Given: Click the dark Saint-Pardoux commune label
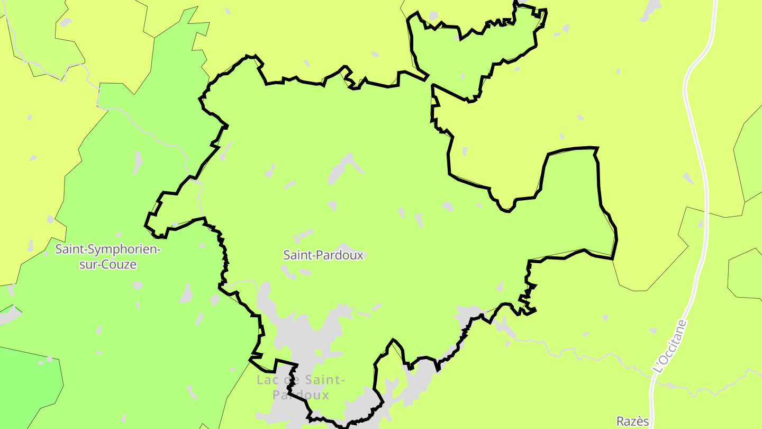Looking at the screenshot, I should pos(323,255).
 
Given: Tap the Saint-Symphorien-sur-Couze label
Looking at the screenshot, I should pos(107,256).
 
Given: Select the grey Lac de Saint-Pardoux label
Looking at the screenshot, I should pos(301,387).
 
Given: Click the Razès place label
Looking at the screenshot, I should pos(632,422).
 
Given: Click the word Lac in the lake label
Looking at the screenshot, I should pos(268,380).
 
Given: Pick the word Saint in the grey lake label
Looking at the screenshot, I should pos(325,380).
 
